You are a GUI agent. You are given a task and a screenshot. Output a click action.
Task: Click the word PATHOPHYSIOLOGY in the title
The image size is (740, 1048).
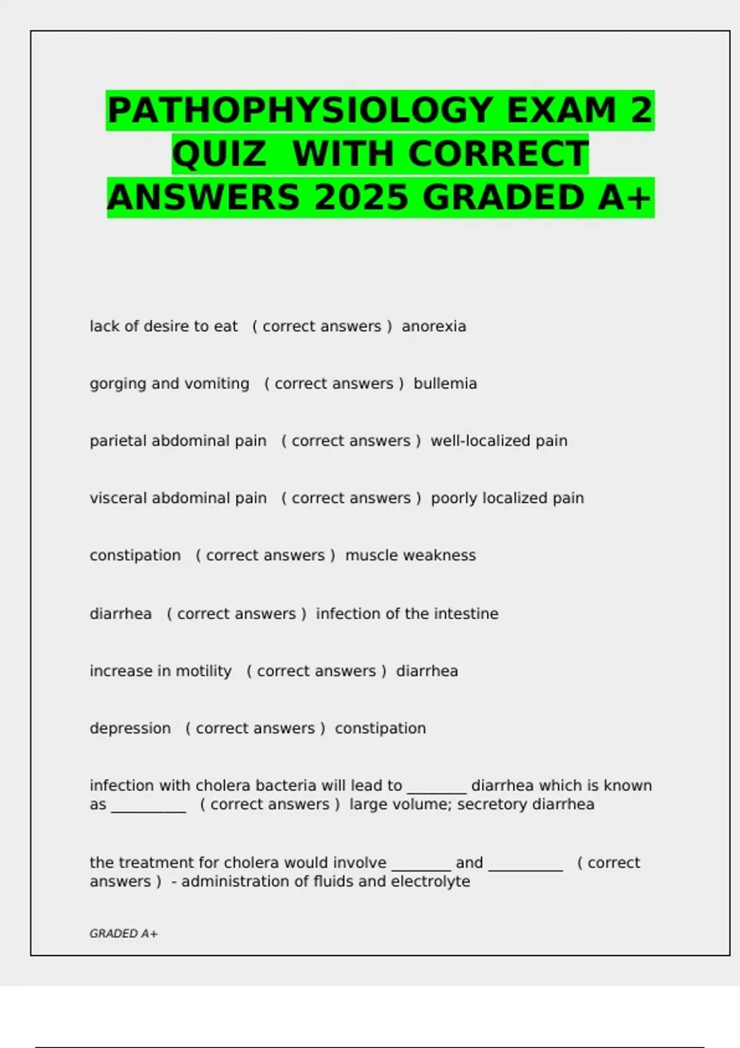[300, 111]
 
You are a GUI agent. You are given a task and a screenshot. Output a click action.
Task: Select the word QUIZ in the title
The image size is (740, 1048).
[219, 154]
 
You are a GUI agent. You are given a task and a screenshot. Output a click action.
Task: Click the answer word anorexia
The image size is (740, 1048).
[434, 327]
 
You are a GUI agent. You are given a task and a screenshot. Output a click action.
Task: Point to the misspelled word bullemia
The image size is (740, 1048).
[445, 384]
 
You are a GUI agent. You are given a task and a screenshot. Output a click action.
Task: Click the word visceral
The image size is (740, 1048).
[118, 498]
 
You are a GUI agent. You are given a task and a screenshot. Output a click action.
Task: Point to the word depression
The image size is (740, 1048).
[130, 729]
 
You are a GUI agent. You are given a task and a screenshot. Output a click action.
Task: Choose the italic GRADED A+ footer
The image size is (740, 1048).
[123, 934]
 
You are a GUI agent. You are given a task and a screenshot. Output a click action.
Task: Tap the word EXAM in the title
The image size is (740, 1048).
[561, 111]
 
